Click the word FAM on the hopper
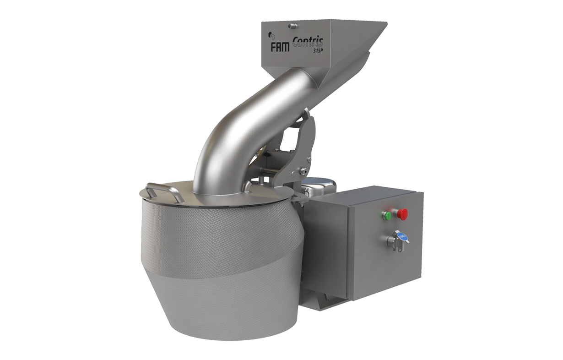click(x=280, y=47)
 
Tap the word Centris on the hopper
click(x=308, y=42)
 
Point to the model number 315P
click(x=318, y=50)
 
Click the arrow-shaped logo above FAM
click(x=271, y=35)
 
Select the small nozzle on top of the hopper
click(x=292, y=25)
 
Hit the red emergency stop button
click(x=402, y=214)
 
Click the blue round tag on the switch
click(x=402, y=236)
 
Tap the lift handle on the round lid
click(x=163, y=192)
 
